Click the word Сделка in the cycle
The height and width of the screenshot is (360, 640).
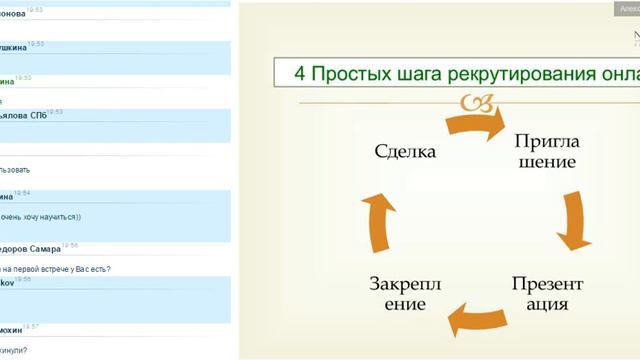point(405,153)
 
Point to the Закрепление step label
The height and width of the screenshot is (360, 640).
point(404,293)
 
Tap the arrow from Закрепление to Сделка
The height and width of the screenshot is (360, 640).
point(378,221)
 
